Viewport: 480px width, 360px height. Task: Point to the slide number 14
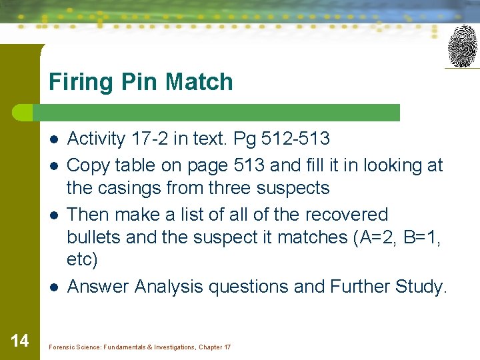point(20,341)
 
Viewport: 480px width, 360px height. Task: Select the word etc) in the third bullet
point(82,260)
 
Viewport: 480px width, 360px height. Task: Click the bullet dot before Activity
point(53,139)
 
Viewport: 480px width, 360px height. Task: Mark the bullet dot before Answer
point(53,287)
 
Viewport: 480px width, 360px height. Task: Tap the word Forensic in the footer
point(63,347)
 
